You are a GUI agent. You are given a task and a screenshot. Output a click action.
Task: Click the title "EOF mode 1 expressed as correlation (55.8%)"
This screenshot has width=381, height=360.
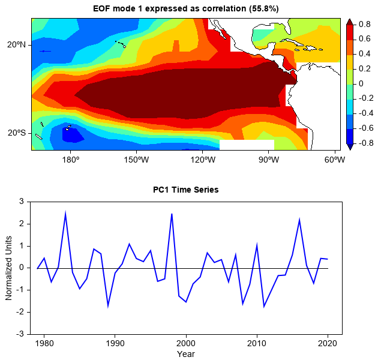pos(185,8)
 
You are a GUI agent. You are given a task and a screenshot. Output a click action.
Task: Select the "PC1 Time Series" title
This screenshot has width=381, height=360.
pos(185,190)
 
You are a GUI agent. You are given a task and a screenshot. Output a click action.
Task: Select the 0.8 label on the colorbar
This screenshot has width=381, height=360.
pos(364,25)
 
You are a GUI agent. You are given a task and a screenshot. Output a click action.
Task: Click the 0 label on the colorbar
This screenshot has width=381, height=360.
pos(361,84)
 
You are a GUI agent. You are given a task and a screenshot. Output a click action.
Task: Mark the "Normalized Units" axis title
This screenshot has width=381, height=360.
pos(9,268)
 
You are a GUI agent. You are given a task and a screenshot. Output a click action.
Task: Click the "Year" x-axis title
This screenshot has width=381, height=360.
pos(185,354)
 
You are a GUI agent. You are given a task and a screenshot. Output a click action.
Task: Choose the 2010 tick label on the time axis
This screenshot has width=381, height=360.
pos(257,343)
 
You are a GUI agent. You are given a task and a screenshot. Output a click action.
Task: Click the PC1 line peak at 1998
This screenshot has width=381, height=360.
pos(172,214)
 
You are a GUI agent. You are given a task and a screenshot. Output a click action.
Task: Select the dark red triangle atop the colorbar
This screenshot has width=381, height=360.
pos(349,22)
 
